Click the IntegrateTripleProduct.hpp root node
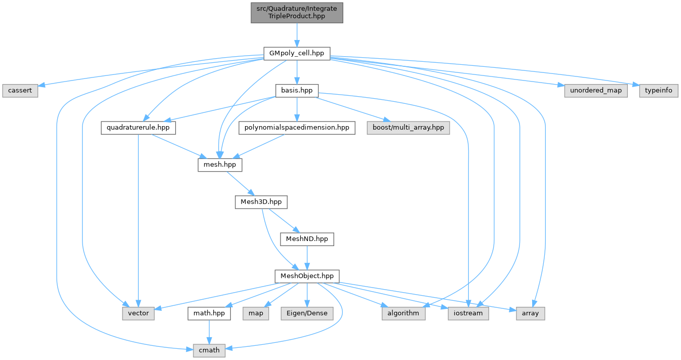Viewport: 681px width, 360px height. [x=297, y=12]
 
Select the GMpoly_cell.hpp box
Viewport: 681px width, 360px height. [x=297, y=53]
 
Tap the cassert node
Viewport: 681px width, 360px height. [x=20, y=90]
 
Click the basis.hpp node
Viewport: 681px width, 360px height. [x=297, y=90]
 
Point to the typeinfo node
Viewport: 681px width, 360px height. [x=659, y=90]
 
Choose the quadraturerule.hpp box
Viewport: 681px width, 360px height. [x=138, y=128]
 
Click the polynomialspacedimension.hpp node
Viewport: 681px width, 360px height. [x=297, y=128]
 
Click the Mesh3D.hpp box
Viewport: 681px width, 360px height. [x=261, y=202]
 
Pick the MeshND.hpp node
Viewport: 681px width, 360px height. [x=307, y=239]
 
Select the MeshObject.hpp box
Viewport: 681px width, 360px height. [x=307, y=276]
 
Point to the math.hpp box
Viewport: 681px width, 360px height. [x=209, y=313]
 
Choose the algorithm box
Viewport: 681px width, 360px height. [x=404, y=313]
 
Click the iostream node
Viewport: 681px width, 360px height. [x=468, y=313]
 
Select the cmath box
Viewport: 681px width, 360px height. [x=209, y=350]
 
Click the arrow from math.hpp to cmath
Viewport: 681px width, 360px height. [x=209, y=332]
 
